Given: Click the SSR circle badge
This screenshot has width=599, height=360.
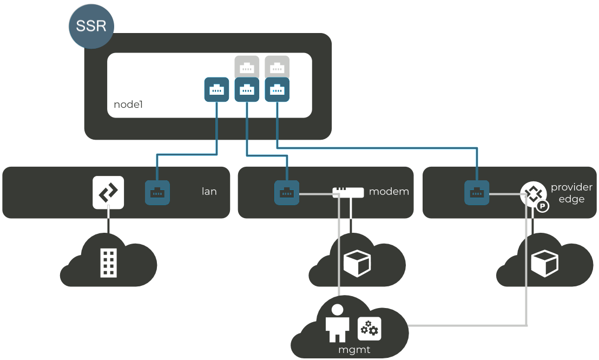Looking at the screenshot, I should pos(91,27).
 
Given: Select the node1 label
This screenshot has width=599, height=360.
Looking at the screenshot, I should pos(128,104).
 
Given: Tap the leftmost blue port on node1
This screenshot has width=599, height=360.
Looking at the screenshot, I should pos(216,89).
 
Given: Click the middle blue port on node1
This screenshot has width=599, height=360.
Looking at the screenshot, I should pos(247,89).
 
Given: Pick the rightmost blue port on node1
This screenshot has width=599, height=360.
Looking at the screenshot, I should pos(277,89).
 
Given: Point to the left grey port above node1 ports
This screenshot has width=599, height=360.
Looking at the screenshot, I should pos(247,67).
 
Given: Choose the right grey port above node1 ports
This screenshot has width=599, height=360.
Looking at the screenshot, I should pos(277,67).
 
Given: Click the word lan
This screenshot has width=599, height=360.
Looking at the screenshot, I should pos(209,192).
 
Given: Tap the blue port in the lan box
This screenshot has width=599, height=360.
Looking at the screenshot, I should pos(157,193).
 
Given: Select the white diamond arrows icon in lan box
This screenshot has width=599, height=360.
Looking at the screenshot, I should pos(109,192).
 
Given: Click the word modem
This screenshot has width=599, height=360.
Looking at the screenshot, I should pos(389,192).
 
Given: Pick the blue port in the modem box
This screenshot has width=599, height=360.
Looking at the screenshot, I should pos(287,193).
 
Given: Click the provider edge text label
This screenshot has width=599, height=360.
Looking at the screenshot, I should pos(571,193).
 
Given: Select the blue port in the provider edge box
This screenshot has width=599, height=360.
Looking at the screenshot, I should pos(477,193).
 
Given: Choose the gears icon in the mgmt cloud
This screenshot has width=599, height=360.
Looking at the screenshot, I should pos(370,329).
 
